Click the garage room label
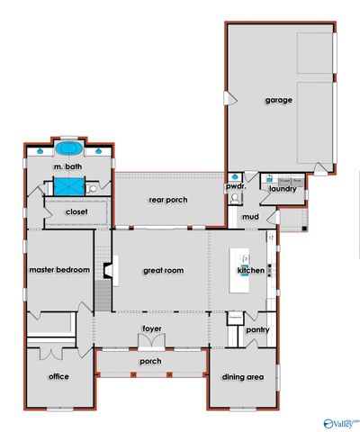[278, 100]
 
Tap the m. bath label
[68, 167]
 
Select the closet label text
[76, 212]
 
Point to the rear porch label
[168, 200]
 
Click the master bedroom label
[59, 270]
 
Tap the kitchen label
[249, 270]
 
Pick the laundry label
[283, 189]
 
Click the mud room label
[250, 217]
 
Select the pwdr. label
[236, 187]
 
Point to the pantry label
[257, 330]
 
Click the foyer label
[152, 328]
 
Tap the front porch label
[150, 361]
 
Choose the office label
[59, 376]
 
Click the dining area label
[242, 377]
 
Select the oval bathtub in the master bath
[68, 148]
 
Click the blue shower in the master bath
[67, 186]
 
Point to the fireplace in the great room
[107, 269]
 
